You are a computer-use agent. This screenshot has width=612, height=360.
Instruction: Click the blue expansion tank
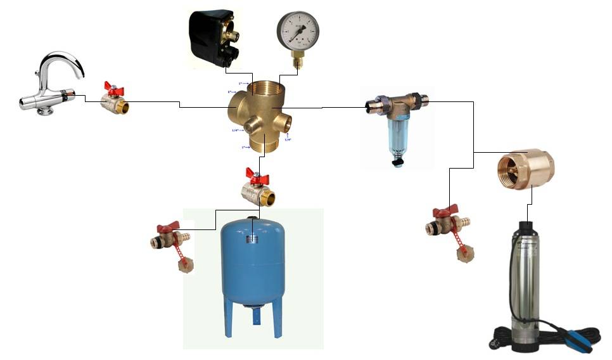tap(252, 266)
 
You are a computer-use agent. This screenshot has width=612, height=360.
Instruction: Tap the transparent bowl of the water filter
tap(397, 139)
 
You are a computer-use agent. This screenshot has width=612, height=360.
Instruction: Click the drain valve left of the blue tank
tap(170, 241)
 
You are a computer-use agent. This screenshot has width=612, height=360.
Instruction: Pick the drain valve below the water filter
tap(450, 225)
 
